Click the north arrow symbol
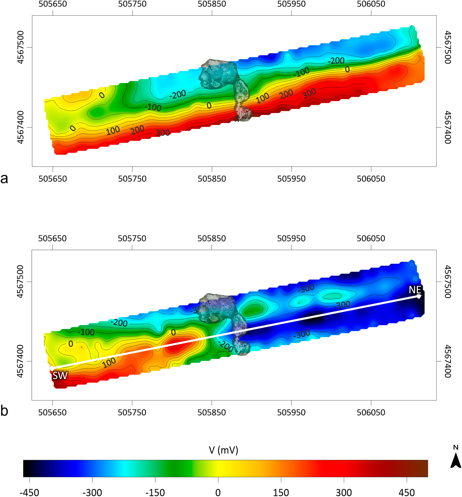pyautogui.click(x=456, y=462)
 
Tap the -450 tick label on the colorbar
pyautogui.click(x=29, y=492)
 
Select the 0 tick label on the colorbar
pyautogui.click(x=218, y=492)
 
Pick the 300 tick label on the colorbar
pyautogui.click(x=344, y=492)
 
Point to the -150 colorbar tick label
pyautogui.click(x=155, y=492)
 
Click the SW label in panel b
pyautogui.click(x=60, y=376)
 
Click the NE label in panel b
pyautogui.click(x=415, y=290)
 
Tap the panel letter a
pyautogui.click(x=4, y=179)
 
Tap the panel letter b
pyautogui.click(x=4, y=411)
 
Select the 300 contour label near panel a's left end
pyautogui.click(x=163, y=133)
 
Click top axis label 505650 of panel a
pyautogui.click(x=53, y=4)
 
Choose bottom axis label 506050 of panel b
pyautogui.click(x=371, y=412)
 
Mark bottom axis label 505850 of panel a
pyautogui.click(x=212, y=179)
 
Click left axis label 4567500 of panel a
pyautogui.click(x=21, y=47)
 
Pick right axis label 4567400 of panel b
pyautogui.click(x=447, y=361)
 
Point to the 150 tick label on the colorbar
pyautogui.click(x=281, y=492)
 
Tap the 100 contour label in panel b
pyautogui.click(x=109, y=362)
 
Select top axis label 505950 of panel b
pyautogui.click(x=291, y=238)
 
